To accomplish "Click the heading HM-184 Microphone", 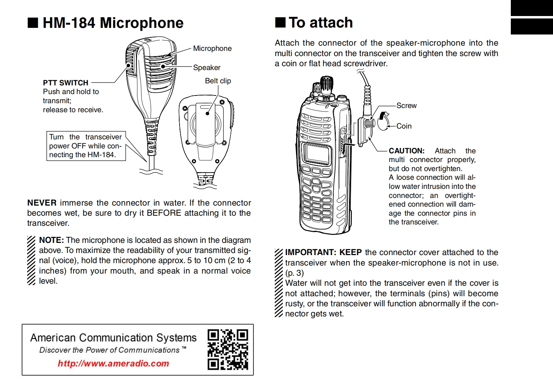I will coord(113,23).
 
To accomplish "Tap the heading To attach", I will coord(320,23).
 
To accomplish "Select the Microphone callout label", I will coord(212,48).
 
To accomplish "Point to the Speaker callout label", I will coord(207,68).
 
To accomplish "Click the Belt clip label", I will coord(218,81).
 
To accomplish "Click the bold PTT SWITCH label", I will coord(66,83).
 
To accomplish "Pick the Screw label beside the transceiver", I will coord(406,106).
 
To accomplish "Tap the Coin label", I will coord(404,126).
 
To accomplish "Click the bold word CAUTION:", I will coord(407,151).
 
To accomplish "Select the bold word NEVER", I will coord(42,203).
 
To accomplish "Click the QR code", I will coord(228,350).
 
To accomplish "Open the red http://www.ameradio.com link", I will coord(113,363).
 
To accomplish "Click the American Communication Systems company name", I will coord(113,338).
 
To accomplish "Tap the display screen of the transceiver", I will coord(316,153).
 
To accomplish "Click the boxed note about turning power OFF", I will coord(86,146).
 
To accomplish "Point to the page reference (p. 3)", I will coord(294,273).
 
